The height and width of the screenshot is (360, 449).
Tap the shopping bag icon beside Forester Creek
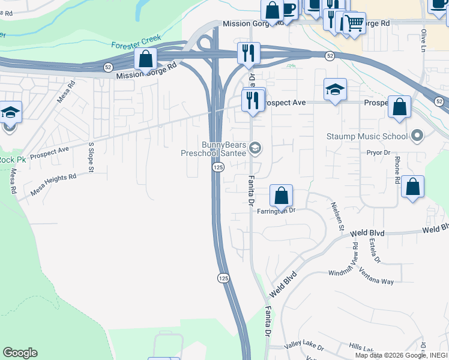(145, 59)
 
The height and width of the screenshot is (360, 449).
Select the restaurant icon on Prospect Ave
(253, 100)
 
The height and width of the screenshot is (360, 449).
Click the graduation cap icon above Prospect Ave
(335, 90)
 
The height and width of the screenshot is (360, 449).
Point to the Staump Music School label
(366, 136)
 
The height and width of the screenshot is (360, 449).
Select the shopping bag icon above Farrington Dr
(281, 196)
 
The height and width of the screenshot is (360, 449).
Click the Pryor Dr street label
(379, 153)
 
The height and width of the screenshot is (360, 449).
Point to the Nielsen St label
(337, 216)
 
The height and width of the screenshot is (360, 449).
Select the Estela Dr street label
(375, 251)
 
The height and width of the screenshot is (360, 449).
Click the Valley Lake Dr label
(304, 347)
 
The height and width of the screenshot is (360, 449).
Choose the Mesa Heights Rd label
(54, 185)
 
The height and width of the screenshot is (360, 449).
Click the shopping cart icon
(354, 23)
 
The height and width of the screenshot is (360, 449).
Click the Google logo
(20, 353)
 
